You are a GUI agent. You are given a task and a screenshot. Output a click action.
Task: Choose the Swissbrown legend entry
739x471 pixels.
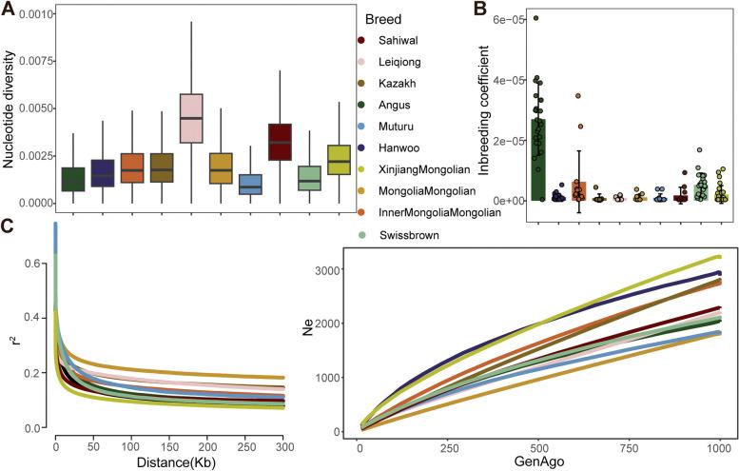[x=403, y=234]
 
